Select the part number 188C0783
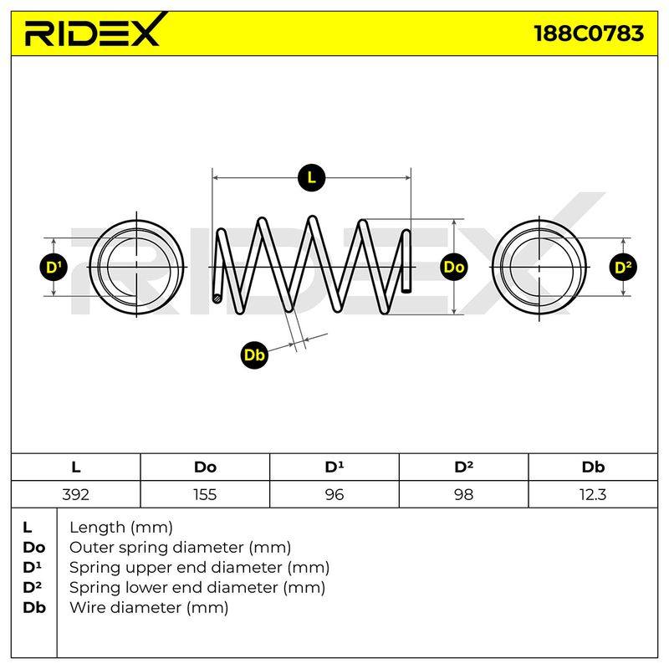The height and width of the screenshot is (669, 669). click(589, 33)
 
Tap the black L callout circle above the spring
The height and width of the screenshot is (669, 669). click(311, 178)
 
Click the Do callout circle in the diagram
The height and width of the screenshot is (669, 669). click(453, 267)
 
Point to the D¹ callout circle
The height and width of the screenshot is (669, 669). click(54, 267)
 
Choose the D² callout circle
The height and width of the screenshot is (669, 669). click(623, 267)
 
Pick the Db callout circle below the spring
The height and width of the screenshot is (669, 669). click(254, 355)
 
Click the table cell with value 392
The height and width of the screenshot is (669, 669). click(75, 494)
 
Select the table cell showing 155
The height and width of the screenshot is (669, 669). click(205, 494)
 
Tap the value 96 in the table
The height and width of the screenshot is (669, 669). click(334, 494)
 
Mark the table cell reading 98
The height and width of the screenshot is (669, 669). click(463, 494)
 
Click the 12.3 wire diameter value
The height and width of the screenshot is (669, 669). click(593, 494)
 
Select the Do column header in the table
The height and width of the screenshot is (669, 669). click(205, 467)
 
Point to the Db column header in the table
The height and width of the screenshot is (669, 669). click(593, 467)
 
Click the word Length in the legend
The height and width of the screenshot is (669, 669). click(97, 529)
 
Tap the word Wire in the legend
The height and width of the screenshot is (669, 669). click(89, 607)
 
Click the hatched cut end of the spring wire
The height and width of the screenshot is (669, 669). click(217, 299)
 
